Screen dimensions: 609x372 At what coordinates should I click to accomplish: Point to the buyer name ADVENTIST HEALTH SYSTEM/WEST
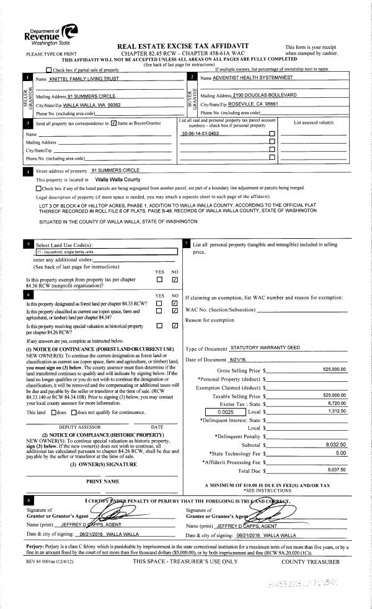pyautogui.click(x=251, y=79)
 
